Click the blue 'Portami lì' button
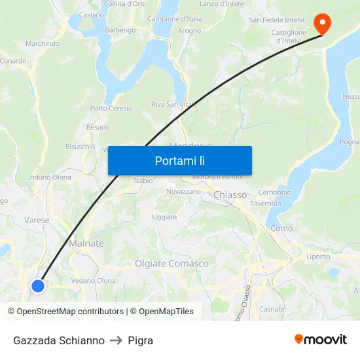(x=179, y=160)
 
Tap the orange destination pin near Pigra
(x=323, y=24)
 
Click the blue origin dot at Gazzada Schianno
(x=38, y=285)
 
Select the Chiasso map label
(x=230, y=195)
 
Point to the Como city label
(x=281, y=228)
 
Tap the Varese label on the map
(x=37, y=221)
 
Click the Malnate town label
(x=86, y=243)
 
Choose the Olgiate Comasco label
(x=171, y=264)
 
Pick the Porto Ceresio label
(x=111, y=109)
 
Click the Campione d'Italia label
(x=175, y=19)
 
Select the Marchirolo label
(x=43, y=44)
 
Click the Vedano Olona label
(x=93, y=281)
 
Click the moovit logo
(x=321, y=340)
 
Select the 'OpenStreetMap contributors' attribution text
(x=70, y=312)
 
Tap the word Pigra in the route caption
(x=141, y=340)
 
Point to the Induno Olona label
(x=50, y=177)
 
